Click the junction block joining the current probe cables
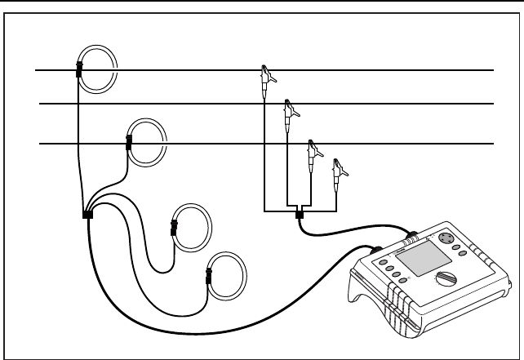coord(87,215)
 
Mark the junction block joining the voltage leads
coord(300,215)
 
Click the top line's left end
coord(36,71)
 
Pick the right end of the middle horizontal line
coord(493,104)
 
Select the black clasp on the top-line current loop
coord(79,69)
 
